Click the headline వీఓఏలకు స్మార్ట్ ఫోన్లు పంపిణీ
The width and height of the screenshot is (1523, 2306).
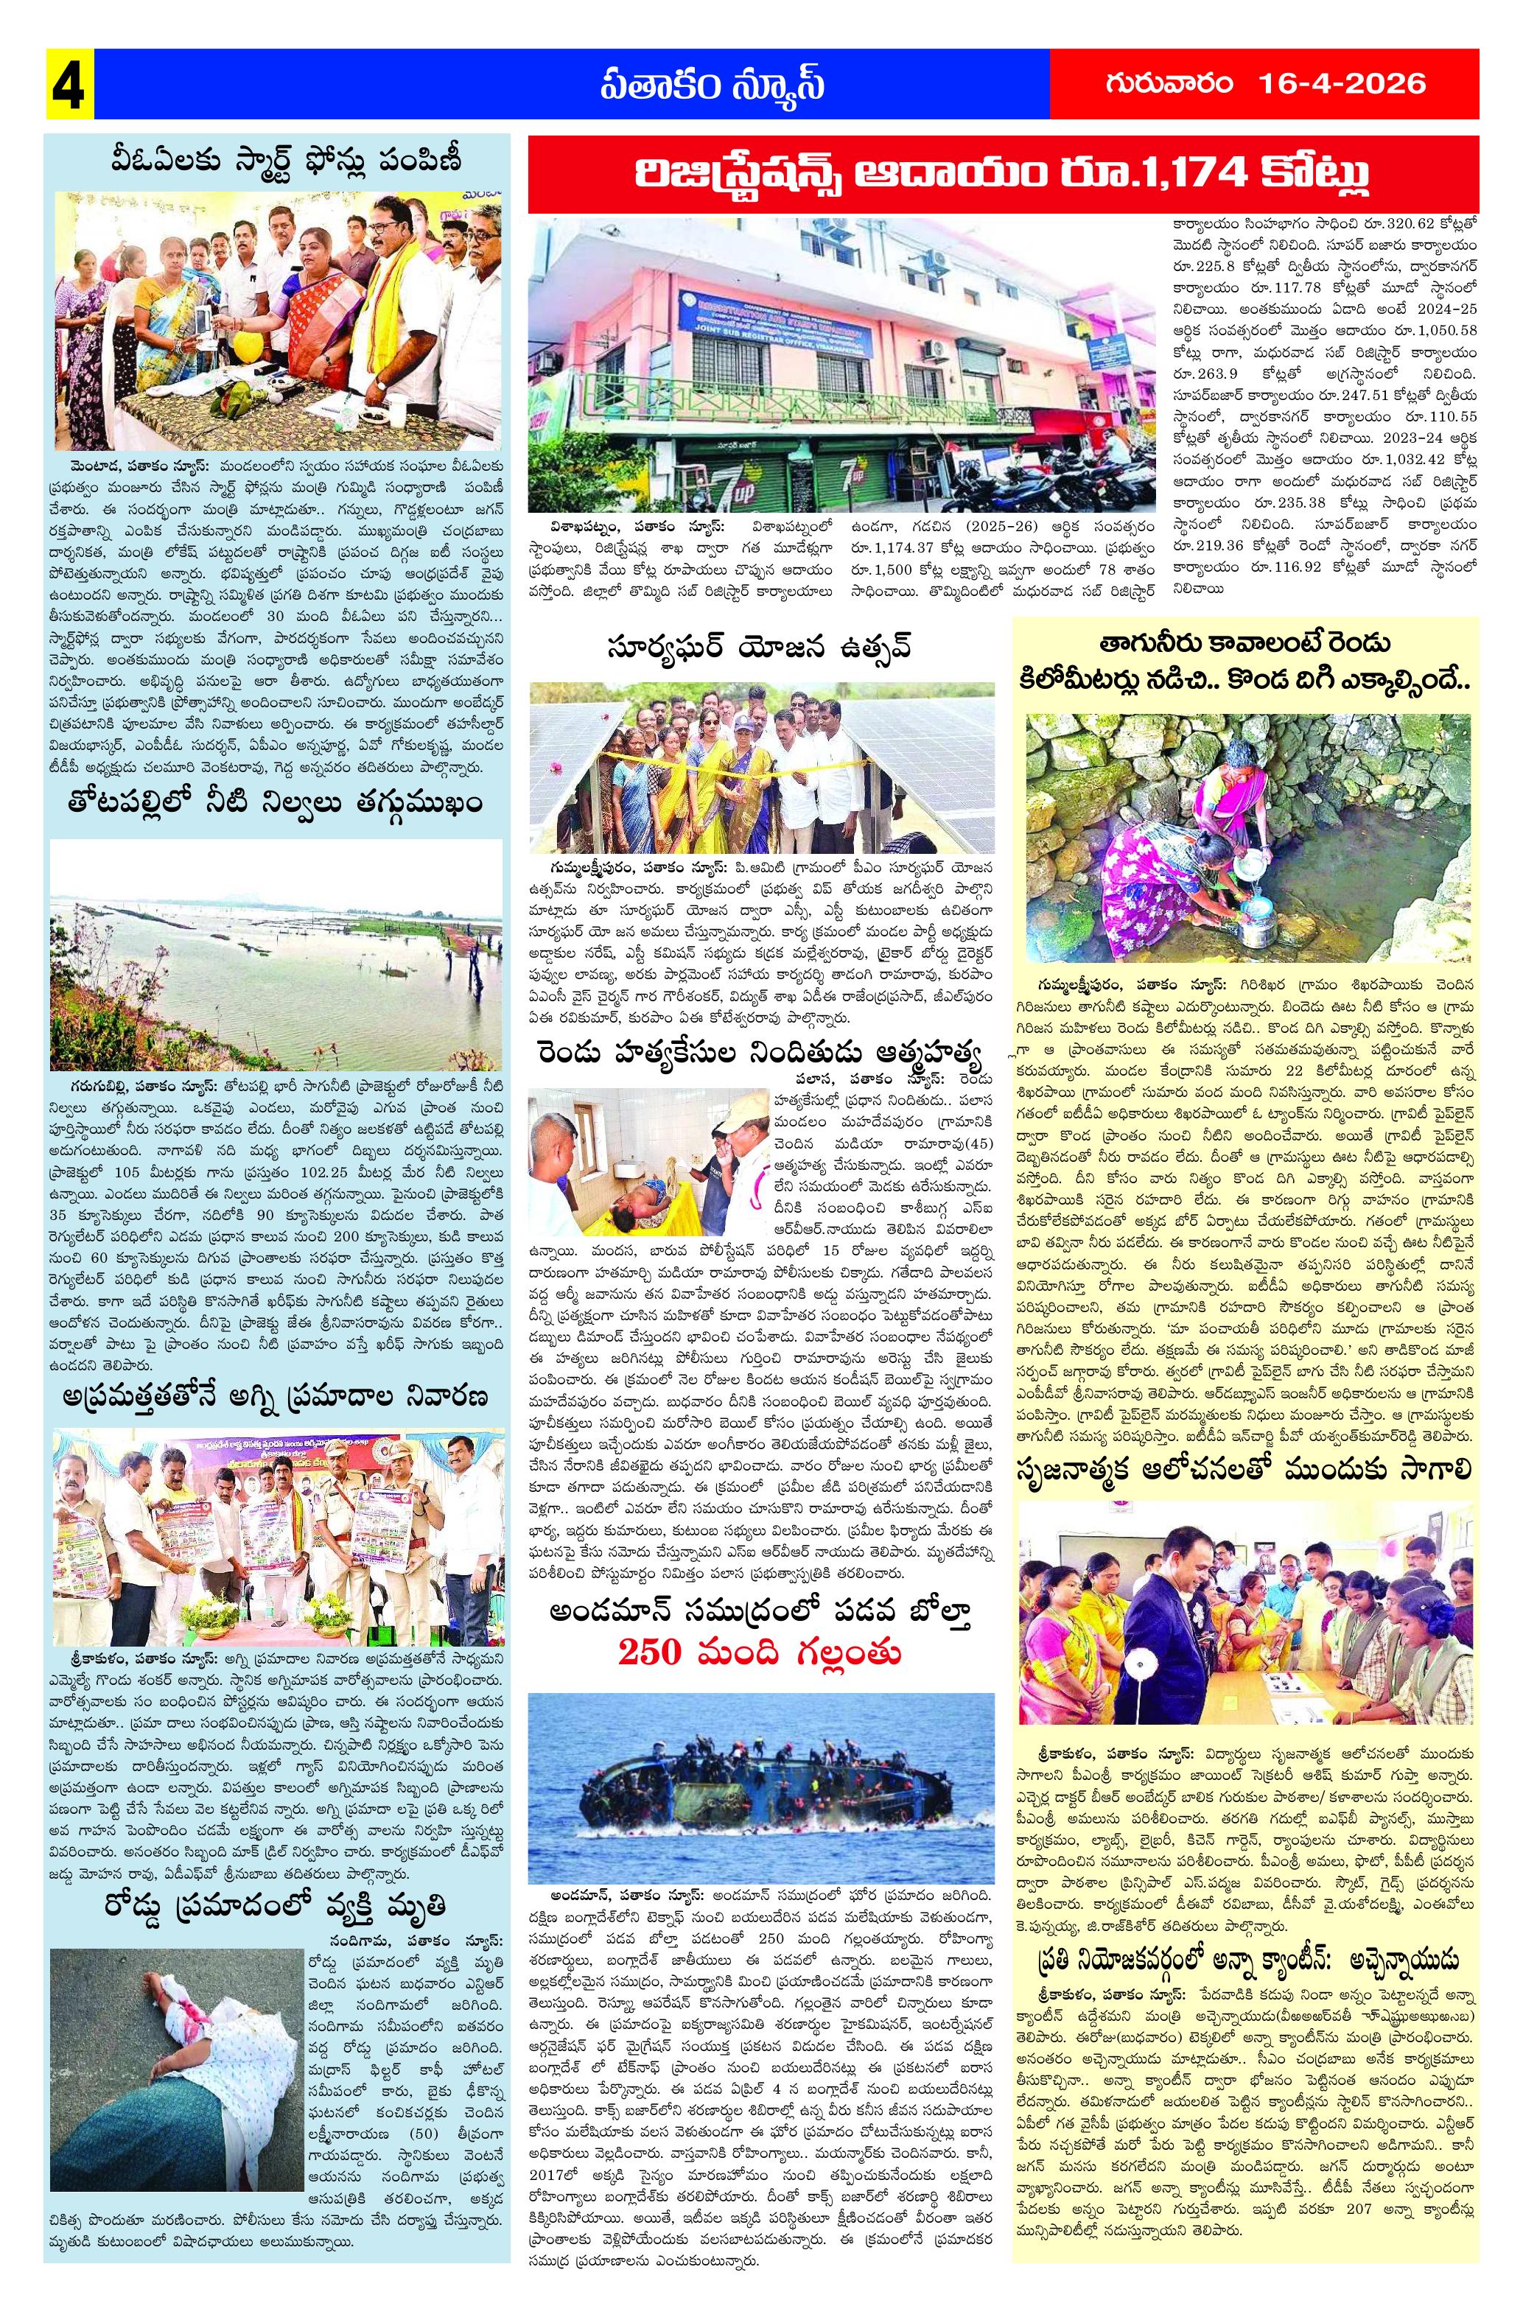click(x=276, y=160)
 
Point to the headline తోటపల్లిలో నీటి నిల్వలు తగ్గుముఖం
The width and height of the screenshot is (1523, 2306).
click(x=276, y=805)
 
